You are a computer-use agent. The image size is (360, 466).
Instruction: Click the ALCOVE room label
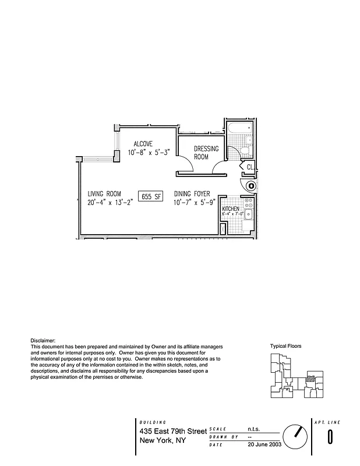143,144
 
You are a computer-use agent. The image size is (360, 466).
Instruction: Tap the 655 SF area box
151,196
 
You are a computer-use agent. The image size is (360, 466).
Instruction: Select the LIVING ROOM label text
104,193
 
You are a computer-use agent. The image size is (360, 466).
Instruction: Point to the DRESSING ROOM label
206,153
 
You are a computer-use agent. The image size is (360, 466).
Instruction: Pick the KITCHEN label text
230,208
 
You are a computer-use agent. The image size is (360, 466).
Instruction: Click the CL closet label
250,167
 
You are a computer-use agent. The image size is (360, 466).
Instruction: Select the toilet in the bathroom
246,151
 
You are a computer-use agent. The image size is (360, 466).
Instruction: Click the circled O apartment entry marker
251,186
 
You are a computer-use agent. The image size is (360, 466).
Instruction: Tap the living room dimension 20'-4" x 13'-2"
111,203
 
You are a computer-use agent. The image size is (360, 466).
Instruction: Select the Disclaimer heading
43,340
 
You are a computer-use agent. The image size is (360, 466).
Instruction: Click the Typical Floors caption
285,346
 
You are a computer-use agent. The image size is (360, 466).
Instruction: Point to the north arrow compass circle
295,435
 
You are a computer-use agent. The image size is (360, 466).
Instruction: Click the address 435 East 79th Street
173,431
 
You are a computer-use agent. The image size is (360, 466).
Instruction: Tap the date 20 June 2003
264,444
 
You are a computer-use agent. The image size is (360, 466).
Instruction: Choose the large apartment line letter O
330,436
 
